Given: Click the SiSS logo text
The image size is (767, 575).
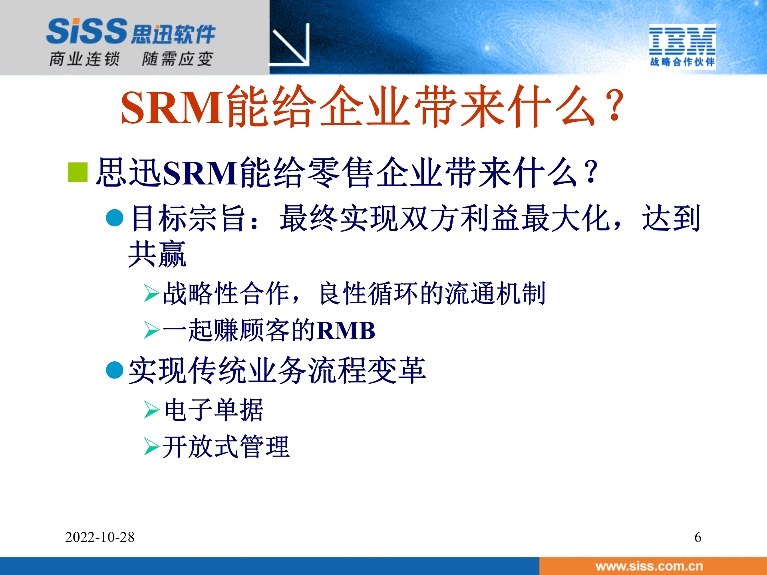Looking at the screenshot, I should pos(87,31).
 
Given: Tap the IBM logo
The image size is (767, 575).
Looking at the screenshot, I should pos(682,40).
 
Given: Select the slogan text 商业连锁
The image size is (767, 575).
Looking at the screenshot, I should pos(84,59).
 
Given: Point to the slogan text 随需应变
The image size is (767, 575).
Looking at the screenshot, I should pos(177,59).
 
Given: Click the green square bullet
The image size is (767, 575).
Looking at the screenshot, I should pos(78,172).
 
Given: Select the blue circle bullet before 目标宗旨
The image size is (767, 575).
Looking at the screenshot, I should pos(115,218).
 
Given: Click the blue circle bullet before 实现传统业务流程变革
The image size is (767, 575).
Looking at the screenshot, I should pos(115,370).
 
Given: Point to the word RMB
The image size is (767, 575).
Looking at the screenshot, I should pos(346,331).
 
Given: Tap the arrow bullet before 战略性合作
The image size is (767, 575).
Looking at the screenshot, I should pos(152,293).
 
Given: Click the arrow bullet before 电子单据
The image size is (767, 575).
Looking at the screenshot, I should pos(152,410).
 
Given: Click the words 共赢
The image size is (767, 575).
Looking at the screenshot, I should pos(157,254).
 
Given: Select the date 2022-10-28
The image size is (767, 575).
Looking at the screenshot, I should pos(100,537).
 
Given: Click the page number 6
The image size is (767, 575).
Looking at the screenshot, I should pos(697,537).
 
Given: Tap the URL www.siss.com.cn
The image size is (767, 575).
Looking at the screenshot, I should pos(649,566).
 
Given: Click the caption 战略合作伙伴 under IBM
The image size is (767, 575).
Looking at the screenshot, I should pos(682,62).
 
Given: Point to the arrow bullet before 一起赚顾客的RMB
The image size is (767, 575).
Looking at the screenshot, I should pos(152,330).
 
